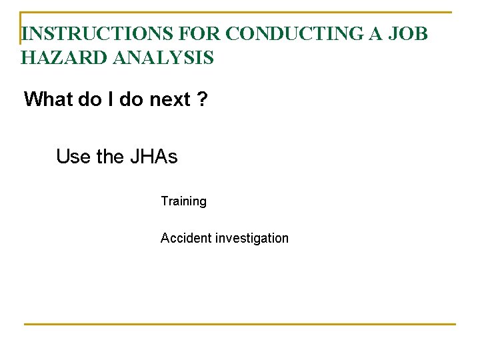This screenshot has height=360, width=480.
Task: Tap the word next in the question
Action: pyautogui.click(x=170, y=100)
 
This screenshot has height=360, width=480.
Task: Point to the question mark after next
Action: pyautogui.click(x=202, y=100)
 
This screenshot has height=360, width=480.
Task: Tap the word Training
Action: pyautogui.click(x=183, y=201)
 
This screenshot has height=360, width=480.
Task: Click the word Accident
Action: pyautogui.click(x=185, y=238)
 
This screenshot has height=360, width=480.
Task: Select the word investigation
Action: pyautogui.click(x=252, y=239)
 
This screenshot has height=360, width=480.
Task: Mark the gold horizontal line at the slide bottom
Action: pyautogui.click(x=240, y=324)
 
